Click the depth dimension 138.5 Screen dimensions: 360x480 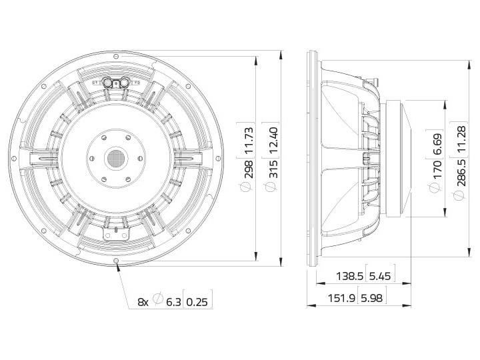tap(346, 275)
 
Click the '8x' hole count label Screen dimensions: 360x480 tap(143, 302)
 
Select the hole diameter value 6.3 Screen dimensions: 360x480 tap(173, 302)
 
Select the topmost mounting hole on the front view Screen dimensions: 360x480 tap(117, 55)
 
